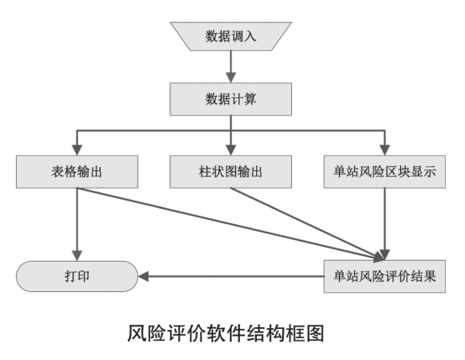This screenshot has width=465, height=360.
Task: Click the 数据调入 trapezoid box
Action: (x=231, y=36)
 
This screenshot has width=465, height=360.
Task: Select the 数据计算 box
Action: (x=231, y=99)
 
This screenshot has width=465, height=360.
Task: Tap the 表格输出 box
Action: (x=77, y=172)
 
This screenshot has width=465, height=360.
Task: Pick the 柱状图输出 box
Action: (x=231, y=172)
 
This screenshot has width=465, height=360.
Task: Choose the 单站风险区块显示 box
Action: (x=384, y=172)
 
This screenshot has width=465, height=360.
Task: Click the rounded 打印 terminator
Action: (x=77, y=276)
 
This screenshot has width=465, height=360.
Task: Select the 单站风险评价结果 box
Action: (x=384, y=276)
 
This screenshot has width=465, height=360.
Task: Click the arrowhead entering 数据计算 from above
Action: (x=231, y=77)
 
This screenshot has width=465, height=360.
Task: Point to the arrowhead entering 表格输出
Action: (x=77, y=150)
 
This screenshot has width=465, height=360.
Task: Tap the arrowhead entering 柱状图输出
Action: (x=231, y=150)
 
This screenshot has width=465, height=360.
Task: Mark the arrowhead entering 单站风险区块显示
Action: (x=384, y=150)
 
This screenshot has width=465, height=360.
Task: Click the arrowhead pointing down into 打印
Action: (x=77, y=256)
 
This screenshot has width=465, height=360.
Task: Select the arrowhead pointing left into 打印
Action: (x=144, y=276)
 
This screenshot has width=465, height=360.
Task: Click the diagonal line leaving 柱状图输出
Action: (x=306, y=223)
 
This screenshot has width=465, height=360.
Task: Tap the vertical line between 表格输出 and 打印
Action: (x=77, y=219)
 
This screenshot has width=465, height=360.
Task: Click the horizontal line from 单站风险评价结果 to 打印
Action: (x=236, y=276)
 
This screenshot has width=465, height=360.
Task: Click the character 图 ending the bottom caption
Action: (x=315, y=333)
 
